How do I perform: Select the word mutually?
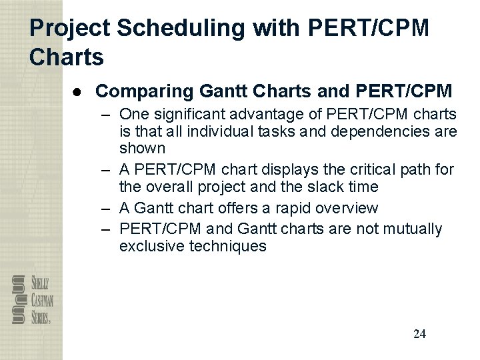[x=413, y=229]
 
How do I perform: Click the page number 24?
[x=419, y=334]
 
